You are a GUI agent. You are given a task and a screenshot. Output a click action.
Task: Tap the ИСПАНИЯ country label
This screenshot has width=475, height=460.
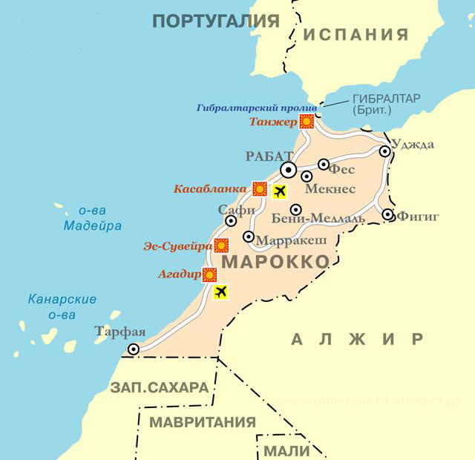[356, 34]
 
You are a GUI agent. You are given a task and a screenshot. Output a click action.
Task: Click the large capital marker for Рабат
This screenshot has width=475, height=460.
[289, 171]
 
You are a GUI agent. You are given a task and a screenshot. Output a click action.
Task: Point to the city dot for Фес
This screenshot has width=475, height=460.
[324, 165]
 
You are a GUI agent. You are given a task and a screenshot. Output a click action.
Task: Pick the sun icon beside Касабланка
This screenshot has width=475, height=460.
[259, 188]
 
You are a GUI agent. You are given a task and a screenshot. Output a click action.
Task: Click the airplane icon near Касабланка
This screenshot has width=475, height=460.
[279, 192]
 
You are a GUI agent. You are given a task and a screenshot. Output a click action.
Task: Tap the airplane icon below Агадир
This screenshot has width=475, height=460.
[220, 292]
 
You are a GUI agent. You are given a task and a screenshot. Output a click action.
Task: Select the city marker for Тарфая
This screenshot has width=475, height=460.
[134, 349]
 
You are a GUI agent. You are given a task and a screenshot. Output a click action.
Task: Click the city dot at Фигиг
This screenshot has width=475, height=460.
[388, 215]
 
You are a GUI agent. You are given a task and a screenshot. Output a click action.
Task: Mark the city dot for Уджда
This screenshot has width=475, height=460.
[385, 151]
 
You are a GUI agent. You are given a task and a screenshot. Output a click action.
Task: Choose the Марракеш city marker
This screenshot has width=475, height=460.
[249, 237]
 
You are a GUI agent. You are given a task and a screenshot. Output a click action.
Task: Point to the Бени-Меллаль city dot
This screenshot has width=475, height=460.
[295, 210]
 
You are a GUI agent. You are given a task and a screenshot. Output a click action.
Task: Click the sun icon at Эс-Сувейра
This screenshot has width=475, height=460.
[220, 246]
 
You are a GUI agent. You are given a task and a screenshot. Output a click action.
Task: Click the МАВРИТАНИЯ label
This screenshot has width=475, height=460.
[203, 422]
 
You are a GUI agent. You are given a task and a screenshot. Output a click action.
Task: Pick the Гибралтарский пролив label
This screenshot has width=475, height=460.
[257, 108]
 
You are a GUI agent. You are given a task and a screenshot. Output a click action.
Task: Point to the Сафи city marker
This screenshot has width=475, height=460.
[231, 220]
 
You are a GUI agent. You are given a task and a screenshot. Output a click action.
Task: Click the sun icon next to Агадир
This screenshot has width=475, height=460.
[209, 275]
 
